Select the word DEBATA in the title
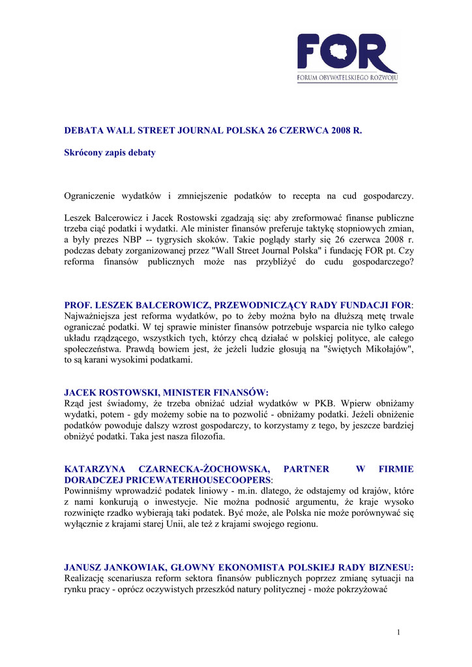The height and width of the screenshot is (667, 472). [x=85, y=131]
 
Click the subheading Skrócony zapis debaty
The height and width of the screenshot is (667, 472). [x=110, y=152]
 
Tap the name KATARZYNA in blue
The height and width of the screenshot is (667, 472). [x=95, y=469]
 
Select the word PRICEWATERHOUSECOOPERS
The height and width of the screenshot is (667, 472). [x=190, y=479]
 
